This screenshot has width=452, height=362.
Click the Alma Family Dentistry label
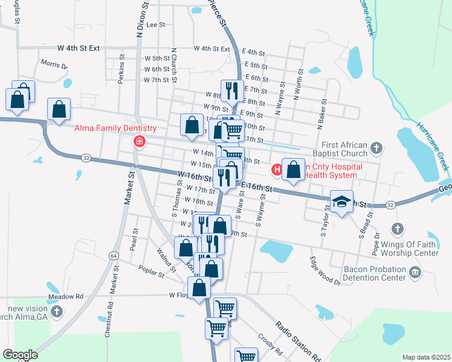point(115,128)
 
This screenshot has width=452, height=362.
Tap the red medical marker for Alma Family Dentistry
point(140,142)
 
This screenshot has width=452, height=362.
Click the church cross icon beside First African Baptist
point(376,147)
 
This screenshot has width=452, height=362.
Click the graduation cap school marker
point(341,202)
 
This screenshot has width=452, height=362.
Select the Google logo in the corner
point(19,355)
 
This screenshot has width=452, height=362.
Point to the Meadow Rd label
point(66,297)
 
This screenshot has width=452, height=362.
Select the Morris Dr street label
point(54,64)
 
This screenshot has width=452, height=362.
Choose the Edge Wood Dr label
point(325,271)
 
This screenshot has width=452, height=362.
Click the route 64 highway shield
point(114,256)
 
